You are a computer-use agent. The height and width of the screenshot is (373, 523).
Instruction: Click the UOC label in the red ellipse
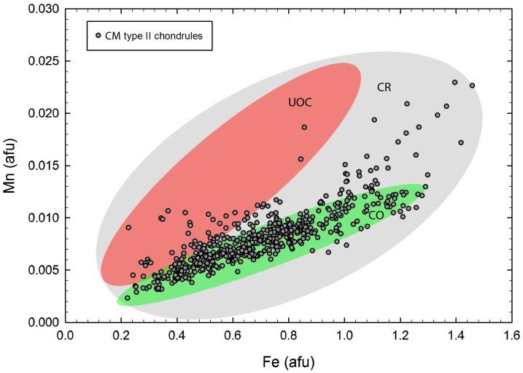click(300, 103)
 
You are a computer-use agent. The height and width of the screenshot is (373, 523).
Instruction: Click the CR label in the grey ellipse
click(385, 88)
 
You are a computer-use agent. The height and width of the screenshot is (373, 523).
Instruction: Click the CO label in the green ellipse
click(376, 215)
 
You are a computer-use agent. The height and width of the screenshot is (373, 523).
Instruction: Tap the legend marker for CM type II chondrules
click(98, 36)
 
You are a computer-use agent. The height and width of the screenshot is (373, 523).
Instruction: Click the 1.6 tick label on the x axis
click(513, 336)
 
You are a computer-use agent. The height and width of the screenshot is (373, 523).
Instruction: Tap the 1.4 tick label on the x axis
click(457, 336)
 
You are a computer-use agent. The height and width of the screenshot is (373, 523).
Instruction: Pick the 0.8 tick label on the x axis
click(289, 336)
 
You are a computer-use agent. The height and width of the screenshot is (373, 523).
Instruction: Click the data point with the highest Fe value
click(472, 85)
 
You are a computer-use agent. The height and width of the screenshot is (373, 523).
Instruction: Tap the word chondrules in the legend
click(184, 36)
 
